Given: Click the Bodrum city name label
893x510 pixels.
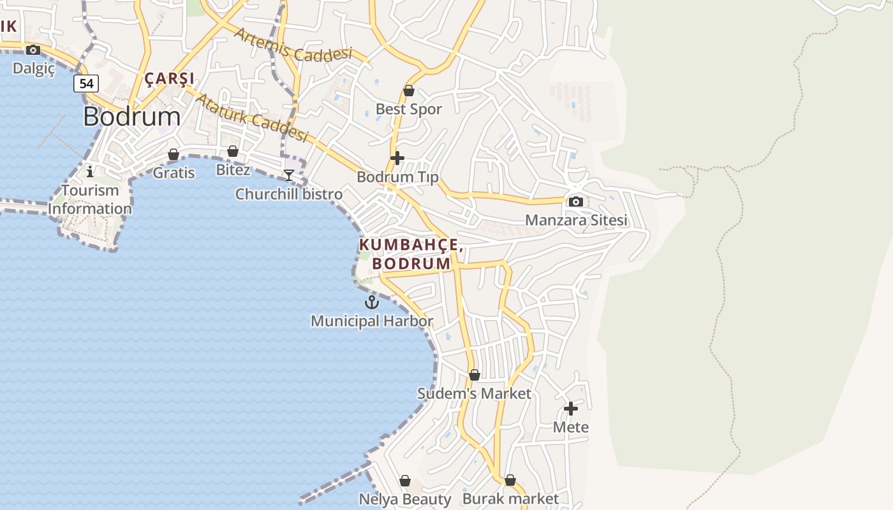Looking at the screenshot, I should pos(131,117).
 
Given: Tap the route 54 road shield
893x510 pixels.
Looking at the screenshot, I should pos(86,84).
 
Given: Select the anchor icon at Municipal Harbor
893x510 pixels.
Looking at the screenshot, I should pos(371,302).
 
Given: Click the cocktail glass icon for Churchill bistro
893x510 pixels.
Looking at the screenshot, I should pos(289,175).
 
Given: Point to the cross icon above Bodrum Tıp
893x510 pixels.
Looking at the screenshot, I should pos(397,157).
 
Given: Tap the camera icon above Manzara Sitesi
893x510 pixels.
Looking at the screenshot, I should pos(575,202).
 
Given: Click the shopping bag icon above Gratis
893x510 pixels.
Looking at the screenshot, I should pos(173,154).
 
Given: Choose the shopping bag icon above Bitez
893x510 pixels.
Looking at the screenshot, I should pos(233,151).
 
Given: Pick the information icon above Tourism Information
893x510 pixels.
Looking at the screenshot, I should pos(90,171).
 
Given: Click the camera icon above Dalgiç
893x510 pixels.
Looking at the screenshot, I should pos(33,50).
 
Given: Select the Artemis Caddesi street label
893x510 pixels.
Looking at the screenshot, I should pos(293,45).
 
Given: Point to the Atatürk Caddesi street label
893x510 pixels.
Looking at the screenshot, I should pos(251,118).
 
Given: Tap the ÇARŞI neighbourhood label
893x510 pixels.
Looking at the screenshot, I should pos(169,79).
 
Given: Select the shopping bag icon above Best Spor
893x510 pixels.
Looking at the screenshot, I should pos(409,91).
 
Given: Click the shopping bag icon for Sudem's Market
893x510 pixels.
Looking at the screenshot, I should pos(474,375).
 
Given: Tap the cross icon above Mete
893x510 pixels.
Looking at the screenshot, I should pos(571,408).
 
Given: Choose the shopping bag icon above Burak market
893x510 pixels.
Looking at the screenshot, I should pos(510,480).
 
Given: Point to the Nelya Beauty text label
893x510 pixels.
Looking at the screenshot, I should pos(405,499).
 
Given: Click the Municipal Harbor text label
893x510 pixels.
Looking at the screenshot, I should pos(372,321).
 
